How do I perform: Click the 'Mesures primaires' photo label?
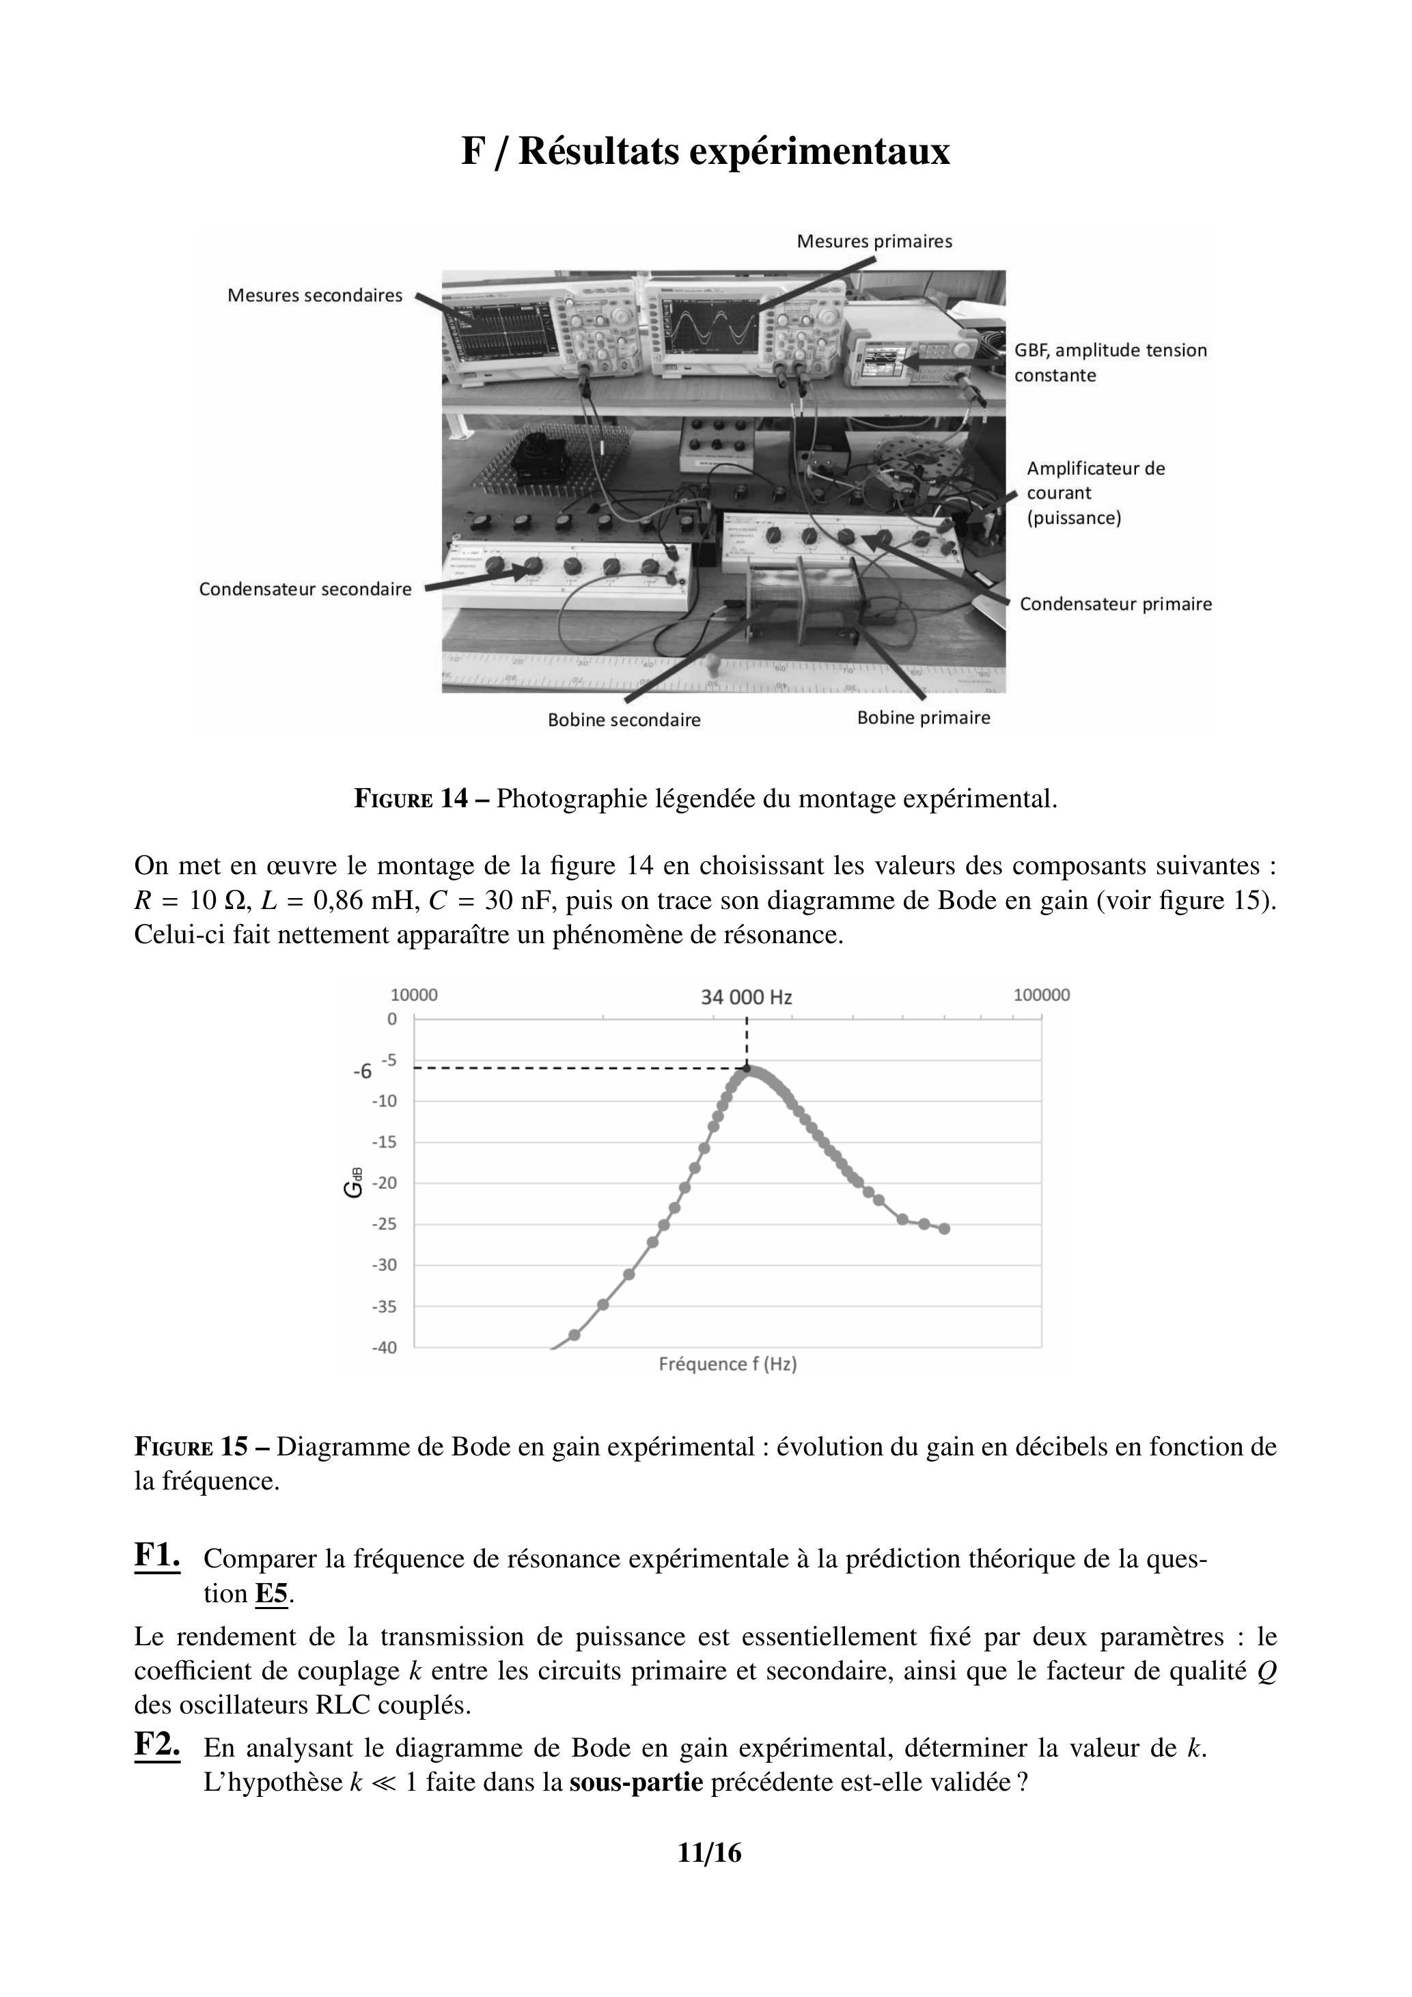[874, 242]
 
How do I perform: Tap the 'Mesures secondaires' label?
[315, 296]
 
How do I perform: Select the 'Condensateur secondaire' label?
[305, 589]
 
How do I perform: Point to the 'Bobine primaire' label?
[923, 718]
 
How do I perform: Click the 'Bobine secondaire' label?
[624, 720]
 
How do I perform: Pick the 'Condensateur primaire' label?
[1116, 604]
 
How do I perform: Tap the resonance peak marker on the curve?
[747, 1068]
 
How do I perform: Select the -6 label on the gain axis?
[362, 1072]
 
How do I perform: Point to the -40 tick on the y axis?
[385, 1347]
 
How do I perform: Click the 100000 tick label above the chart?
[1040, 995]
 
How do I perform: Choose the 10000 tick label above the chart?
[414, 995]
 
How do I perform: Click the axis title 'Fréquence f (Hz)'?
[728, 1364]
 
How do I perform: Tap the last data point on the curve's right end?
[945, 1229]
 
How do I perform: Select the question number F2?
[158, 1744]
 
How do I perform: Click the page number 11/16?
[709, 1854]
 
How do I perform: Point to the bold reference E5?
[271, 1594]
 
